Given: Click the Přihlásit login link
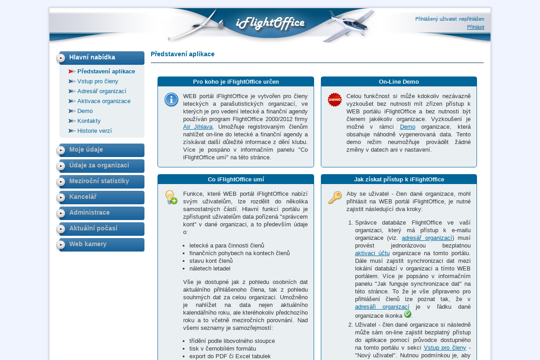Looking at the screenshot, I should [475, 27].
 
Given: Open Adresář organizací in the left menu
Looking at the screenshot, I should [102, 91].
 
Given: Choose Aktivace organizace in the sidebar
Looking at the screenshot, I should [104, 101].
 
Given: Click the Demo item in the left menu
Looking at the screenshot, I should [85, 111].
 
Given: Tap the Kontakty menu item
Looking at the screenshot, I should [89, 121].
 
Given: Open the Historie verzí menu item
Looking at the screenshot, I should [94, 130].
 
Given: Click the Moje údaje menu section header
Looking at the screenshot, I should [86, 149].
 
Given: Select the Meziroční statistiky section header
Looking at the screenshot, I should [99, 181].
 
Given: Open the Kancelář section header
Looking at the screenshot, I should [83, 197].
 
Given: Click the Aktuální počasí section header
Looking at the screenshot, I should [93, 228].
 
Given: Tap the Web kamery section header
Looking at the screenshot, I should [88, 244].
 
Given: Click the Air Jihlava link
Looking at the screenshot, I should [198, 126].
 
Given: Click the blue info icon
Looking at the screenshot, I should [171, 100].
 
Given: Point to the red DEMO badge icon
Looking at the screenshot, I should [335, 100].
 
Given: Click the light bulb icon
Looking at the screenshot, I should [171, 198].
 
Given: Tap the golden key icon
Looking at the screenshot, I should [335, 198].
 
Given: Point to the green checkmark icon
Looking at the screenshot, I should [408, 314].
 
